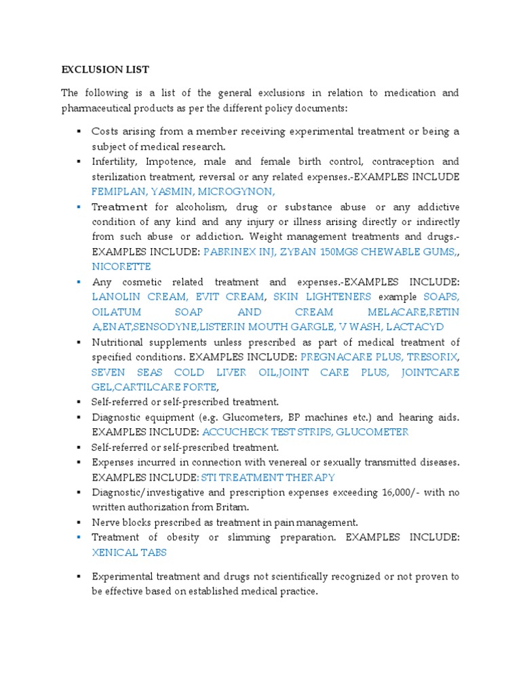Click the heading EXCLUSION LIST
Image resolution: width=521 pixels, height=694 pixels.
105,70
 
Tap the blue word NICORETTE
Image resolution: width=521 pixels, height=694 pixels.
121,266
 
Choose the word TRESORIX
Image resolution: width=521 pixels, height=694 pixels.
432,356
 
